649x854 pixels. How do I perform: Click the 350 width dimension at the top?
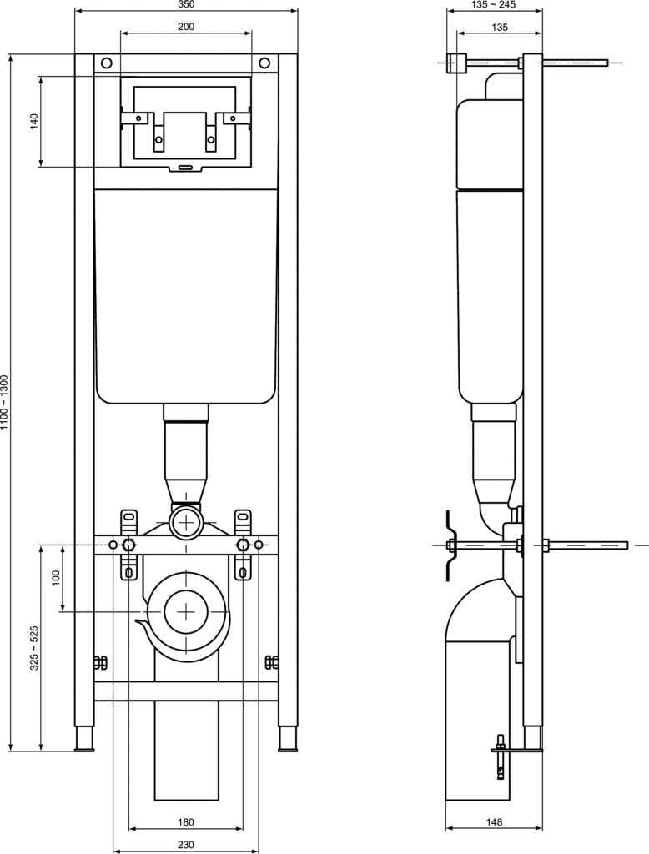coord(186,4)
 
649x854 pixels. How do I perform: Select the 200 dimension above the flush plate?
coord(186,27)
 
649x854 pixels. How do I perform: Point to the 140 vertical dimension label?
coord(34,121)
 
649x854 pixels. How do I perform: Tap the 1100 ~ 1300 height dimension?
coord(5,403)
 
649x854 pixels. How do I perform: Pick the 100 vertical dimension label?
coord(56,579)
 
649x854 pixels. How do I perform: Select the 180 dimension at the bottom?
coord(186,821)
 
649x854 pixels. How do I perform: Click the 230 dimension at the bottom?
coord(186,845)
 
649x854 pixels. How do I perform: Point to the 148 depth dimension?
coord(495,821)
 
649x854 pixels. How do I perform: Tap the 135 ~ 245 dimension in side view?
coord(493,5)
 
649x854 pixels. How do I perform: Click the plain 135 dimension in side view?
coord(500,27)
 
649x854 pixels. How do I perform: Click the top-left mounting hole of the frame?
coord(107,63)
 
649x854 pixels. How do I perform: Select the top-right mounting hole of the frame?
coord(264,63)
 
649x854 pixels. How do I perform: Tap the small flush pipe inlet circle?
coord(186,522)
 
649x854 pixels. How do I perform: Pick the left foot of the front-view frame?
coord(84,740)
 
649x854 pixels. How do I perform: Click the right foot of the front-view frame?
coord(288,740)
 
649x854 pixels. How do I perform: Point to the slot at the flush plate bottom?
coord(186,167)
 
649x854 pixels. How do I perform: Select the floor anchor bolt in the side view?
coord(500,757)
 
